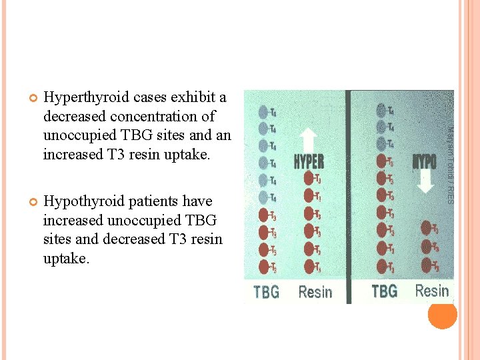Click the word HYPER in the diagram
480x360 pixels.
(x=309, y=162)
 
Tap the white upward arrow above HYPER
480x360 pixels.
(x=308, y=139)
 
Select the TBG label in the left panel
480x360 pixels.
(x=267, y=291)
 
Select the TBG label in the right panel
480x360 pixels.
(x=385, y=291)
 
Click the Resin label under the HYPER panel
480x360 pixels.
(x=315, y=291)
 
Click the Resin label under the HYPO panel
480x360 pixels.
(x=432, y=291)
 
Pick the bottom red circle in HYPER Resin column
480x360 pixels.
(x=309, y=267)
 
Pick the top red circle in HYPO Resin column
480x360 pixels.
(x=425, y=229)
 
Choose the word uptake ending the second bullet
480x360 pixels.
(x=65, y=259)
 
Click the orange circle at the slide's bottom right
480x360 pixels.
(x=442, y=314)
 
